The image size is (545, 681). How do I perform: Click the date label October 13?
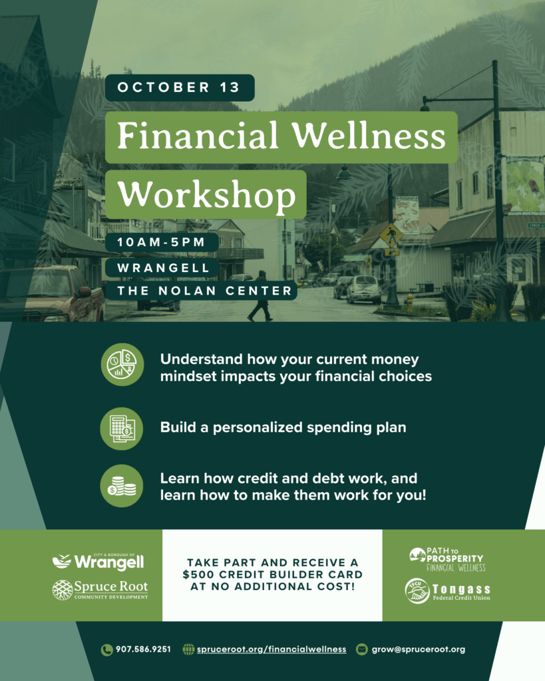178,87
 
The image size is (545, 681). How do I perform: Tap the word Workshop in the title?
206,195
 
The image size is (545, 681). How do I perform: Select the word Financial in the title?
198,135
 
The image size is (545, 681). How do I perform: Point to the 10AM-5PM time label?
161,242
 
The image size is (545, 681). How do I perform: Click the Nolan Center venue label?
204,291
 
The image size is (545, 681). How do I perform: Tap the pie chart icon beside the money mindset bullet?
122,364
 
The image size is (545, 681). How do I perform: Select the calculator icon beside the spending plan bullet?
122,429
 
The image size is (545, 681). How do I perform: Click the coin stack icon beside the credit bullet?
122,486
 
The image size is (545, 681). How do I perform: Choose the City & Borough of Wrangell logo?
98,561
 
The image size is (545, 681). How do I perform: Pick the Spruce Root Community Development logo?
100,590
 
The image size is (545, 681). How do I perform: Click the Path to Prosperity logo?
447,559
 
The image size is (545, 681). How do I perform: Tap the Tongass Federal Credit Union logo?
448,591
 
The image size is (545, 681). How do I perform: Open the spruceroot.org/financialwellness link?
272,649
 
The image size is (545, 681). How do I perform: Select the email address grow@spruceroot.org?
419,649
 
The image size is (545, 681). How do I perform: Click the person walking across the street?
260,296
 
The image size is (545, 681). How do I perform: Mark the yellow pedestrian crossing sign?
390,236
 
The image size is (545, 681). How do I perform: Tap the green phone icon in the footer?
106,650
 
